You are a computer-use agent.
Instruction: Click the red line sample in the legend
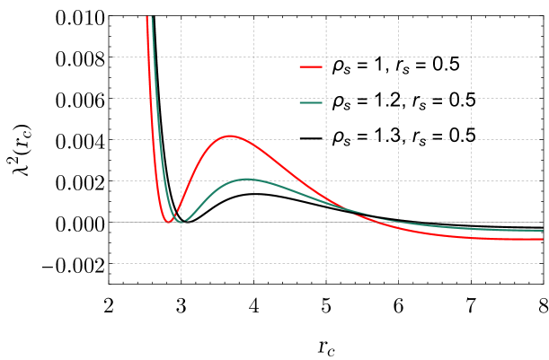311,66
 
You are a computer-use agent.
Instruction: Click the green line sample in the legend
311,102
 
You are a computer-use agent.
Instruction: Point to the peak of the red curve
230,136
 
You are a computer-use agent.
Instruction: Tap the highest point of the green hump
249,180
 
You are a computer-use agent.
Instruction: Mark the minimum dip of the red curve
168,221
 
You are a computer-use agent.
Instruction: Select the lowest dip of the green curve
184,221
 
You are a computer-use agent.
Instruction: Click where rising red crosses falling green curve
176,212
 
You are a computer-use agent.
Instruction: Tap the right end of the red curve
543,239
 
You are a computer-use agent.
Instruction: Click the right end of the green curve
543,230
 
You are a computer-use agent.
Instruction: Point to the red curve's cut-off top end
146,17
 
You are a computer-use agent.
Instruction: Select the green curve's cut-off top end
152,17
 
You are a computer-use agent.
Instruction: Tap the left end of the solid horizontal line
110,222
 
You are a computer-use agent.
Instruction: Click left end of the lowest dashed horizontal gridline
113,263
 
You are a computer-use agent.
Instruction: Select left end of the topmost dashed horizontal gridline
113,57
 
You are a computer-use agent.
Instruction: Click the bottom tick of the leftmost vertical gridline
181,279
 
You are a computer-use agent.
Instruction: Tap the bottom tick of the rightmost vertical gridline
471,279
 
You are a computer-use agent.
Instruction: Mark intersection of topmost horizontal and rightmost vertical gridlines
471,57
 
